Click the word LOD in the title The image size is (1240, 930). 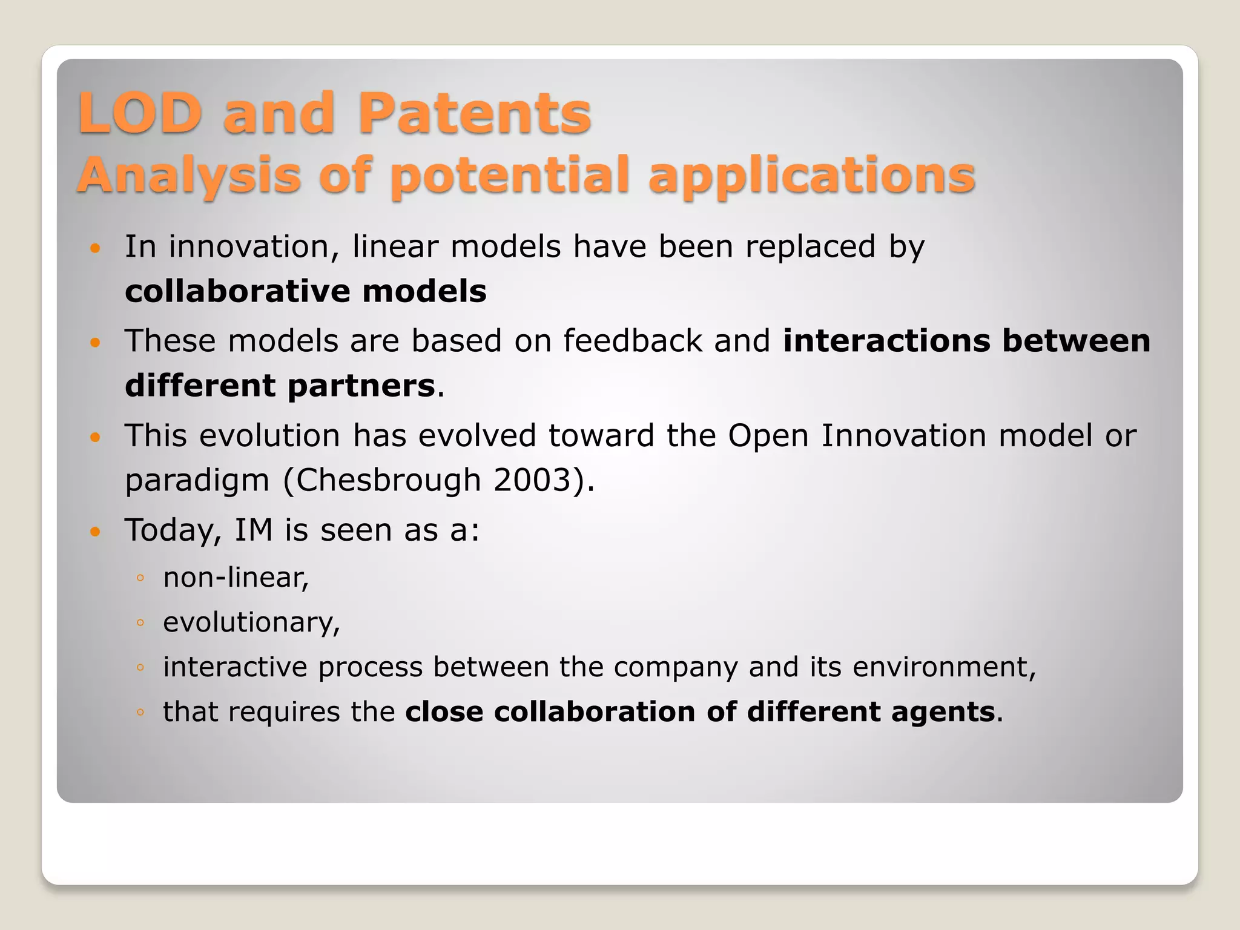pos(139,113)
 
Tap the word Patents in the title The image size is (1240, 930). pos(474,113)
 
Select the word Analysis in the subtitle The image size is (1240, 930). pos(189,176)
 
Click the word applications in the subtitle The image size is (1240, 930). pos(811,176)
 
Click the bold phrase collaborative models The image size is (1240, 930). pos(305,291)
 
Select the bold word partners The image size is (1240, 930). pos(361,386)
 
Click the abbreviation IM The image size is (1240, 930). pos(254,530)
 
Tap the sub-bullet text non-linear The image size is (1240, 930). pos(236,578)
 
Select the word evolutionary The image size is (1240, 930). pos(251,622)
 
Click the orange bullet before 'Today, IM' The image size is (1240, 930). pos(95,532)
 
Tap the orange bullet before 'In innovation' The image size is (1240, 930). pos(95,248)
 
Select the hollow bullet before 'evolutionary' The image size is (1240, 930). pos(140,623)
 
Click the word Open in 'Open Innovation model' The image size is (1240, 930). pos(768,436)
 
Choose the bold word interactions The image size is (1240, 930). pos(886,341)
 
